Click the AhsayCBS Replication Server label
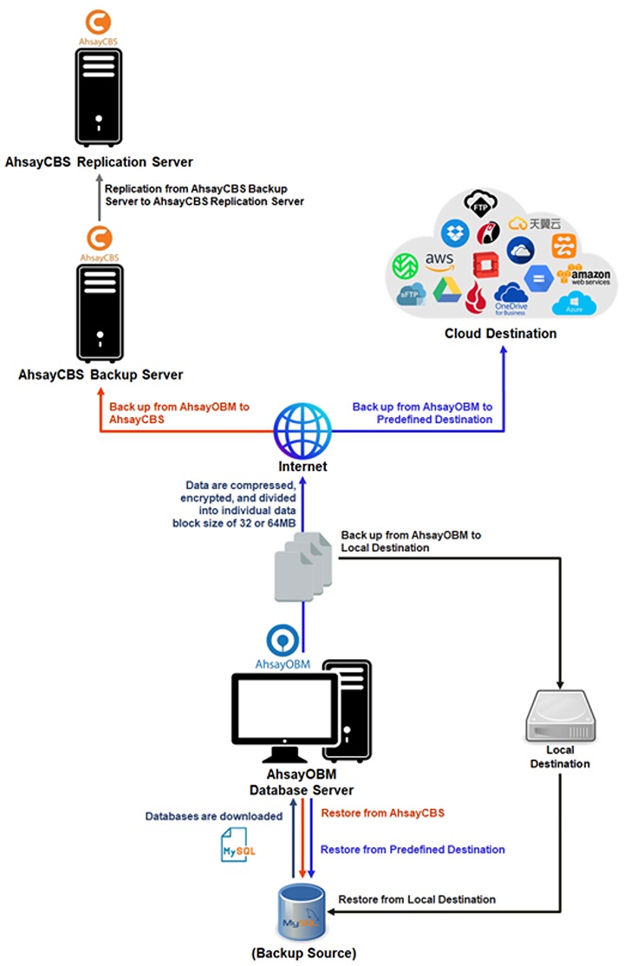[x=99, y=162]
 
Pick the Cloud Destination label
[x=500, y=334]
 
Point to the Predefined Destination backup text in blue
[x=422, y=413]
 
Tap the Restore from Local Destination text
[x=417, y=899]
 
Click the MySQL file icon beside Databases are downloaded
[x=237, y=844]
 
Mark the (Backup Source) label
[x=303, y=953]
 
